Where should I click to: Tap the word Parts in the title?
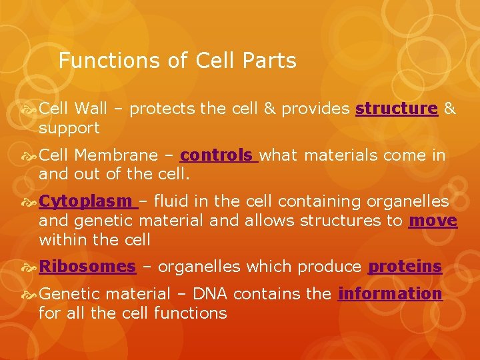[270, 61]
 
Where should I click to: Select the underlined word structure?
[397, 109]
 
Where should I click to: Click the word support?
[69, 128]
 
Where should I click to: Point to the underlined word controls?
[217, 155]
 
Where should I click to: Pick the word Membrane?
[117, 155]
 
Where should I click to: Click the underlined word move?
[433, 220]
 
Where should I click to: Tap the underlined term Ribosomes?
[87, 267]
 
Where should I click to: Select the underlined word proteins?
[405, 267]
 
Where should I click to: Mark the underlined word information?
[390, 294]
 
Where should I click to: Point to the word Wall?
[91, 109]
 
